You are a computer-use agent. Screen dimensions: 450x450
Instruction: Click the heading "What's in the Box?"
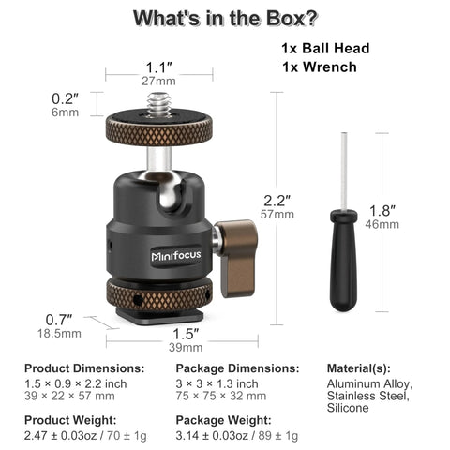point(224,18)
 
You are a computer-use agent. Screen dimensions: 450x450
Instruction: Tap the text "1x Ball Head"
point(326,49)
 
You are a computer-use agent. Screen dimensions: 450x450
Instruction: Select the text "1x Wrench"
point(318,67)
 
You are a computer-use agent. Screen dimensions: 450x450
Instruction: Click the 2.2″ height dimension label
point(277,200)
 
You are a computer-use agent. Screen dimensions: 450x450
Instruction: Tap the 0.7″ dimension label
point(59,319)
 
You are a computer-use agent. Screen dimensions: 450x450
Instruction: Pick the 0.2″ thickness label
point(65,98)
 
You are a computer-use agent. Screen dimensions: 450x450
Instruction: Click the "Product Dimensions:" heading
point(84,368)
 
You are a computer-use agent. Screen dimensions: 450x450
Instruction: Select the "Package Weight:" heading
point(221,421)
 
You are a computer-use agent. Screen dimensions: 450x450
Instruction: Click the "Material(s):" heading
point(359,368)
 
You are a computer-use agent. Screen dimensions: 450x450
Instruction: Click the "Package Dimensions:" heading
point(238,368)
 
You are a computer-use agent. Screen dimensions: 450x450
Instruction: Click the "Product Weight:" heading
point(70,421)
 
